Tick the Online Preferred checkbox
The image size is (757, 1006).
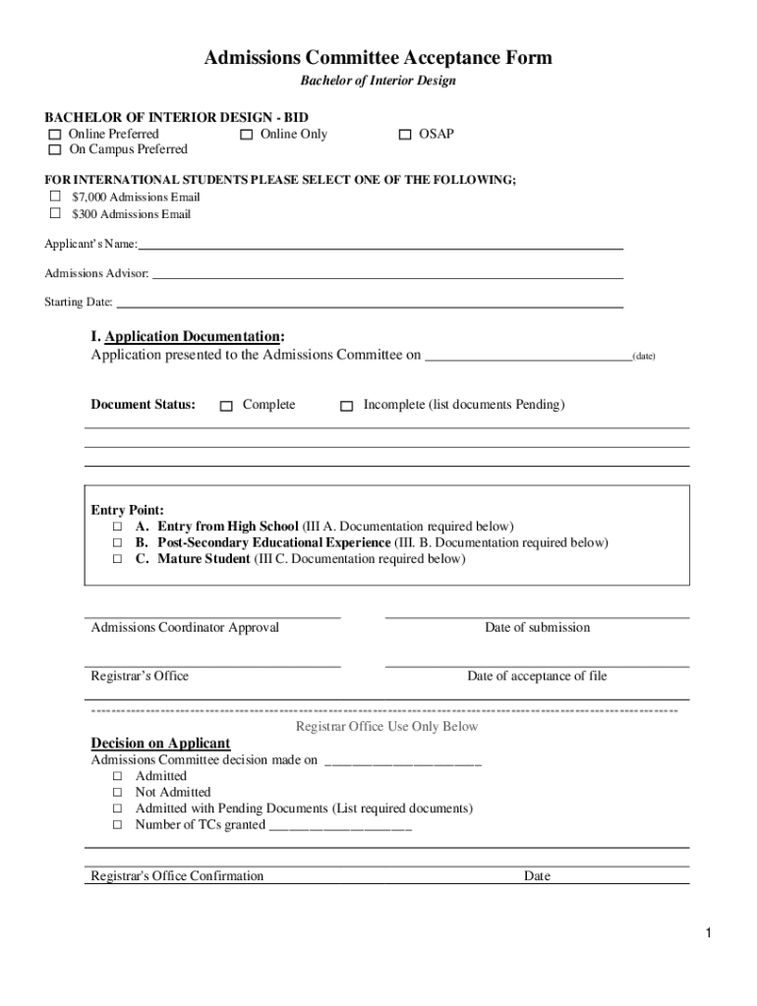55,135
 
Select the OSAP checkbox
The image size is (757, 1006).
405,135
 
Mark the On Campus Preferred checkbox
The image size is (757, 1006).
55,150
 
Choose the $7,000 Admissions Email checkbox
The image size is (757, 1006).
55,197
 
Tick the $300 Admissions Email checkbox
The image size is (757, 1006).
55,214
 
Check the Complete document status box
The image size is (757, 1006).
226,406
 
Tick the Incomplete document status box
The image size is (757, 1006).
346,406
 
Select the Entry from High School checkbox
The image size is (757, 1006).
116,528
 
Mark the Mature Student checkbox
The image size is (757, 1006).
116,560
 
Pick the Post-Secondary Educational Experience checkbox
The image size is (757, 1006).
116,543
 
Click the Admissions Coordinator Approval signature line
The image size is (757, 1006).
215,614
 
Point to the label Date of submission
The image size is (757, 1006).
537,628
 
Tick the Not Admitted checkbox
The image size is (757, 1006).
116,793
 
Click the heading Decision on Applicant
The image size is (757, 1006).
160,744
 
